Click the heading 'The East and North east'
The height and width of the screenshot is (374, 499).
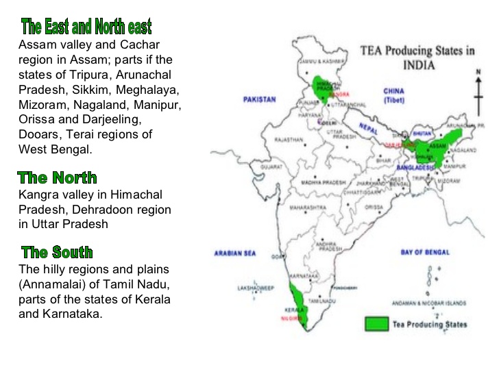[86, 27]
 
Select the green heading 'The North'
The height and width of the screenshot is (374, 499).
[58, 178]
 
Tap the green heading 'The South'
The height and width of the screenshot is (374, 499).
[57, 252]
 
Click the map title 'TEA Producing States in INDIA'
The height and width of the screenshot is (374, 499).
[417, 58]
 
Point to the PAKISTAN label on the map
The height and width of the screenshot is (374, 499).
[260, 99]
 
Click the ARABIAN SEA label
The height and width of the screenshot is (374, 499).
[234, 253]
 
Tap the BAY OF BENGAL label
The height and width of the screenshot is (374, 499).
[425, 253]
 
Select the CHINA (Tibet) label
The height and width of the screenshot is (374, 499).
[393, 95]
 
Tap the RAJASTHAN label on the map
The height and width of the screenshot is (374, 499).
[289, 140]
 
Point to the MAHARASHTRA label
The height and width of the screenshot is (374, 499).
[308, 206]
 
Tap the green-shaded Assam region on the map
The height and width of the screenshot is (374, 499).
[439, 145]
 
